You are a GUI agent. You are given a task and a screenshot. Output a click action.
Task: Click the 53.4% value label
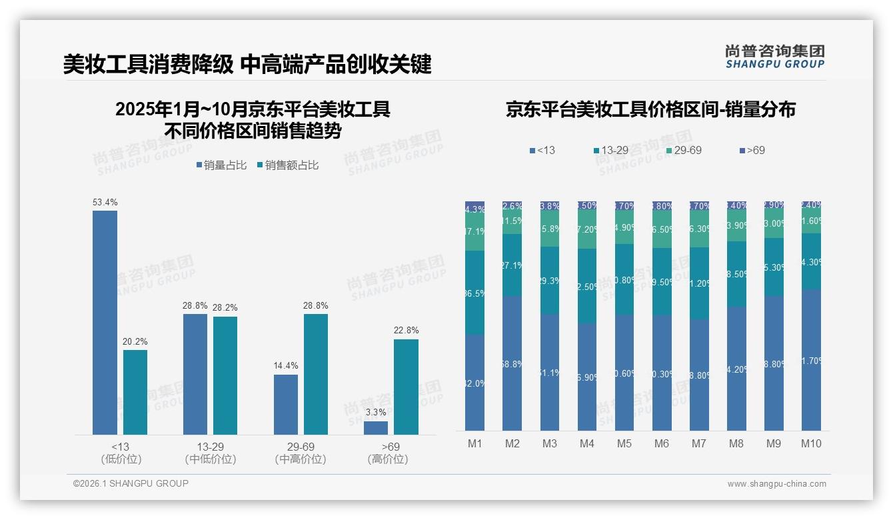pos(105,202)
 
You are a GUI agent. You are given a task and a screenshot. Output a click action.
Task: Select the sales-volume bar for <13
pos(105,323)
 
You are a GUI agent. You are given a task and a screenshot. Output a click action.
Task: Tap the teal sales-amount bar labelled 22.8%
pos(406,387)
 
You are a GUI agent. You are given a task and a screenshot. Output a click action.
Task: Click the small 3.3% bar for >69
pos(376,428)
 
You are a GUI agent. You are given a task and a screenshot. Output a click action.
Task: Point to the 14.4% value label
pos(286,365)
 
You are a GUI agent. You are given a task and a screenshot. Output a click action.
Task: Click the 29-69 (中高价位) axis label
pos(301,453)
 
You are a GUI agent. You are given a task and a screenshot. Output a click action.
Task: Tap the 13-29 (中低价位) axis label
pos(211,453)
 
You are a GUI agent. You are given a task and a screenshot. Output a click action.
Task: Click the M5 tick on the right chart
pos(624,443)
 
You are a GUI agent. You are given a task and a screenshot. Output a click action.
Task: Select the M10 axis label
pos(811,443)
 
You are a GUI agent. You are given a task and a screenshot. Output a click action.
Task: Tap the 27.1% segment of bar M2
pos(512,265)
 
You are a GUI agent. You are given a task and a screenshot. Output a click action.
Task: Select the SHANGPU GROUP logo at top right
pos(774,57)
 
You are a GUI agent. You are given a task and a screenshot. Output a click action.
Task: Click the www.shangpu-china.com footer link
pos(776,484)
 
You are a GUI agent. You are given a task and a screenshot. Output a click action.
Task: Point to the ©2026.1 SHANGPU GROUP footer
pos(131,483)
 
